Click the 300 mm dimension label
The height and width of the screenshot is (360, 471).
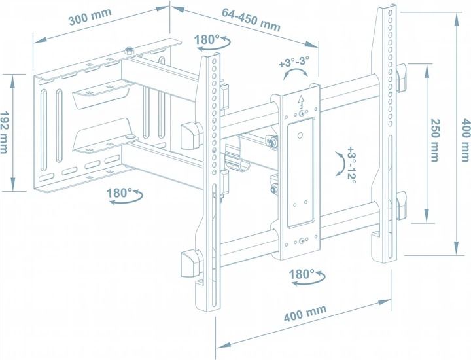(90, 17)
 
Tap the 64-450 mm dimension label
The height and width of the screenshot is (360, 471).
(251, 20)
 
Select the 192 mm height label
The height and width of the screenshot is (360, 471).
(4, 132)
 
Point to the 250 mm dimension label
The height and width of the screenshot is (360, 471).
(435, 140)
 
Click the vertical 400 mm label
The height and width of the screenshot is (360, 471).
(466, 140)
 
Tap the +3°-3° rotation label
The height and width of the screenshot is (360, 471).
(294, 62)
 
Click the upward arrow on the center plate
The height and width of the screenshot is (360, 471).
(301, 101)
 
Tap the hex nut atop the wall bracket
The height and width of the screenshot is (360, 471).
(129, 50)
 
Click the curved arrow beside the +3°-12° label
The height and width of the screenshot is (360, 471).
(340, 164)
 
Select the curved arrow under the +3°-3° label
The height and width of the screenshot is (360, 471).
(295, 73)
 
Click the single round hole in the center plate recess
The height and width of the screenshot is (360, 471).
(300, 136)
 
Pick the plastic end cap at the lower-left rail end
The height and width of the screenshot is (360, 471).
(190, 264)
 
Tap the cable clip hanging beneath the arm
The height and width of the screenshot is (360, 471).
(237, 159)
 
